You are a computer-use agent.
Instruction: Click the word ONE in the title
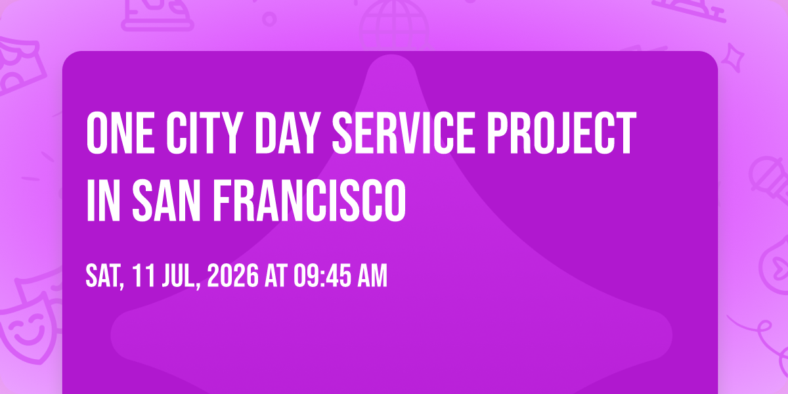click(120, 133)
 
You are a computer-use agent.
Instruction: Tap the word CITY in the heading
click(205, 133)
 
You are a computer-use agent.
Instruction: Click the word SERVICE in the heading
click(403, 133)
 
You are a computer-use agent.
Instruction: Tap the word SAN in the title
click(166, 200)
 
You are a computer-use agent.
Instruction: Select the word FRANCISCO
click(309, 200)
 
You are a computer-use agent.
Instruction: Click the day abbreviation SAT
click(105, 276)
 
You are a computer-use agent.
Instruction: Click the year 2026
click(233, 276)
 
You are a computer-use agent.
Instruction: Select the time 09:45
click(322, 276)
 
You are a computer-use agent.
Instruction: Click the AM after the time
click(372, 276)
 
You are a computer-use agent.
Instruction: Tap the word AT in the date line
click(276, 276)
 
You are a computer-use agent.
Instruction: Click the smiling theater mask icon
click(28, 331)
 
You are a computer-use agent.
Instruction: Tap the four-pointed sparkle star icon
click(733, 58)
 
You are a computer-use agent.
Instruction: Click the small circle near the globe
click(269, 19)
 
